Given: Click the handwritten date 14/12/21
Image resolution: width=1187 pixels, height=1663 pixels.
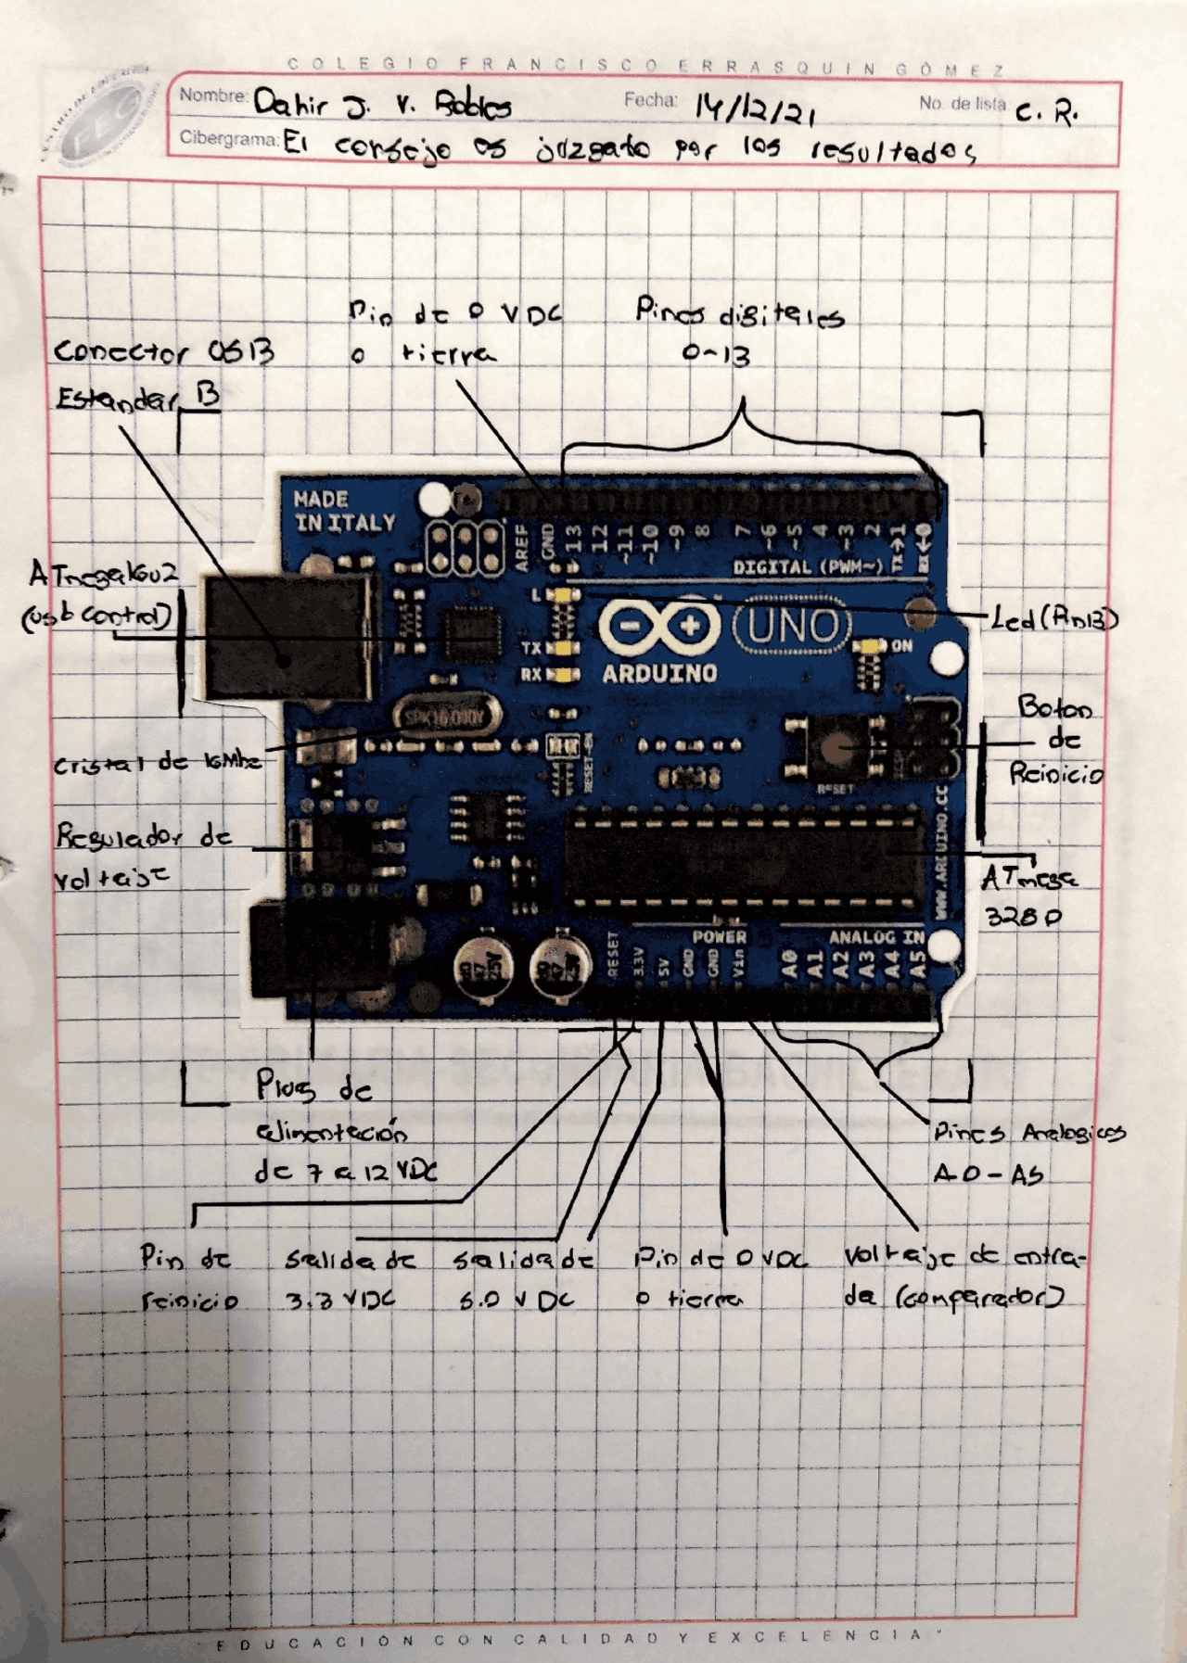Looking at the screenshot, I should (x=755, y=109).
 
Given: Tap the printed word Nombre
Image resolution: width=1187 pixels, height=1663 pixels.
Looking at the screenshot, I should (x=212, y=95).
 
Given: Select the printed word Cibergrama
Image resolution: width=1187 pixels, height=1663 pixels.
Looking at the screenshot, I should (x=228, y=139).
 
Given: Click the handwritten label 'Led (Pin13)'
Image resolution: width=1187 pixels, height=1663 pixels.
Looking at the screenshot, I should (x=1054, y=618).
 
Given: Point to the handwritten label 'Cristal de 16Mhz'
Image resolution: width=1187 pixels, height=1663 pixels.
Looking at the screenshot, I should (x=157, y=764).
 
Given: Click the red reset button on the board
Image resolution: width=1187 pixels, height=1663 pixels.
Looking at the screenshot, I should (x=838, y=744).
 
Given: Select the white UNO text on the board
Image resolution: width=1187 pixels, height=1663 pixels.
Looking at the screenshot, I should (x=792, y=626).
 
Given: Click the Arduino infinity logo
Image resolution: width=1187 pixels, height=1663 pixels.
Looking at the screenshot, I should (x=660, y=626).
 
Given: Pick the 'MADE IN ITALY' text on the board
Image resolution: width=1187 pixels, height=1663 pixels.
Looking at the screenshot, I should (x=344, y=512).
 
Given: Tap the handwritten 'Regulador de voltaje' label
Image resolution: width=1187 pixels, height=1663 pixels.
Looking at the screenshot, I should (x=141, y=854).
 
